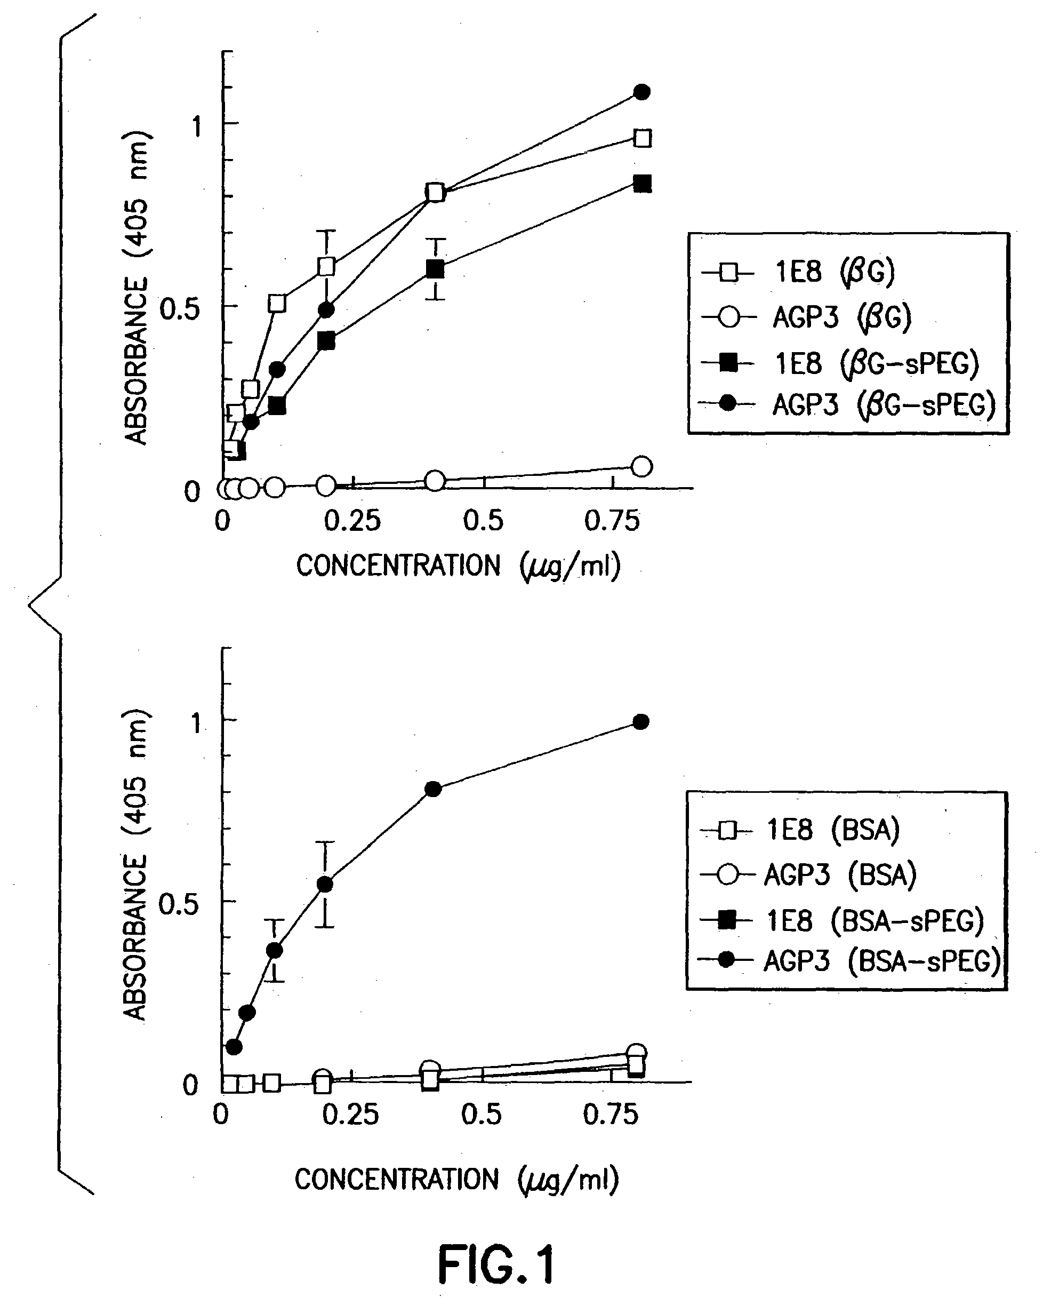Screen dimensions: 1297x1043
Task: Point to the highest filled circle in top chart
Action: [x=642, y=92]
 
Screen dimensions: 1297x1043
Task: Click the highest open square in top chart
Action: [x=643, y=138]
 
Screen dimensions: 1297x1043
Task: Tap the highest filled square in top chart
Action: [x=643, y=184]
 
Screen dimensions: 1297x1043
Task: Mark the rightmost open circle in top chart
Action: [x=642, y=466]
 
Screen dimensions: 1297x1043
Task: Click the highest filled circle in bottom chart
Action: [x=641, y=722]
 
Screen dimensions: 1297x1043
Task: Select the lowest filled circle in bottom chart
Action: [x=234, y=1047]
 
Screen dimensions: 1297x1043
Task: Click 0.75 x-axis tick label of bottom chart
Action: [x=610, y=1115]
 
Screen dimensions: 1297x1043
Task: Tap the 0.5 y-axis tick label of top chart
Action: [x=179, y=309]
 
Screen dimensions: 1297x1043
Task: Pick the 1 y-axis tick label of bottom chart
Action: [x=195, y=723]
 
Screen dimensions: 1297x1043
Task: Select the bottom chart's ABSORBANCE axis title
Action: [x=135, y=866]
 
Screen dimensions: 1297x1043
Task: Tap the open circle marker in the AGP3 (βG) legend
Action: [x=728, y=317]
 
